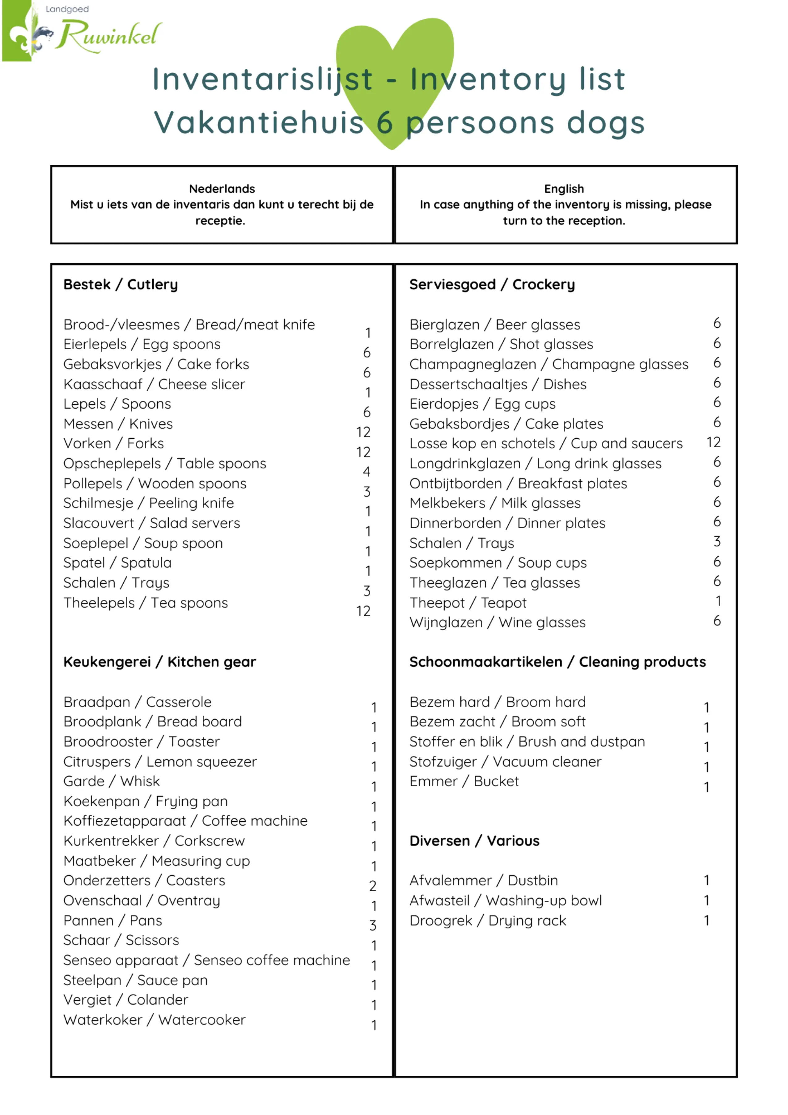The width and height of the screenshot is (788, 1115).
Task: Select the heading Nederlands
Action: pos(222,189)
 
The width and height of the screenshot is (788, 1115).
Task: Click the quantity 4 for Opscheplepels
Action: pos(366,471)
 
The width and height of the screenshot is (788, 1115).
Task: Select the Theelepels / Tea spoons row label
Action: pos(145,603)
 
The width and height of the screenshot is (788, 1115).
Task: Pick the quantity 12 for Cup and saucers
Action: pos(713,442)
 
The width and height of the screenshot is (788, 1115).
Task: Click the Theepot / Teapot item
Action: pos(468,603)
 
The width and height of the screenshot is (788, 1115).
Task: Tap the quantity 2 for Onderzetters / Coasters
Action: pos(372,886)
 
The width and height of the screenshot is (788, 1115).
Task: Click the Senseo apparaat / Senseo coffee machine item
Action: pos(206,960)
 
